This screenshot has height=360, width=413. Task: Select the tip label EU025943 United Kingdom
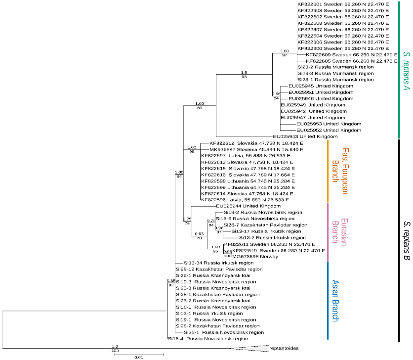[x=306, y=136]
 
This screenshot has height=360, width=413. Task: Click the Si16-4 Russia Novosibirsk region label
[x=207, y=339]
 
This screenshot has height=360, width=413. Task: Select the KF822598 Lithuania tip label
[x=247, y=180]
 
